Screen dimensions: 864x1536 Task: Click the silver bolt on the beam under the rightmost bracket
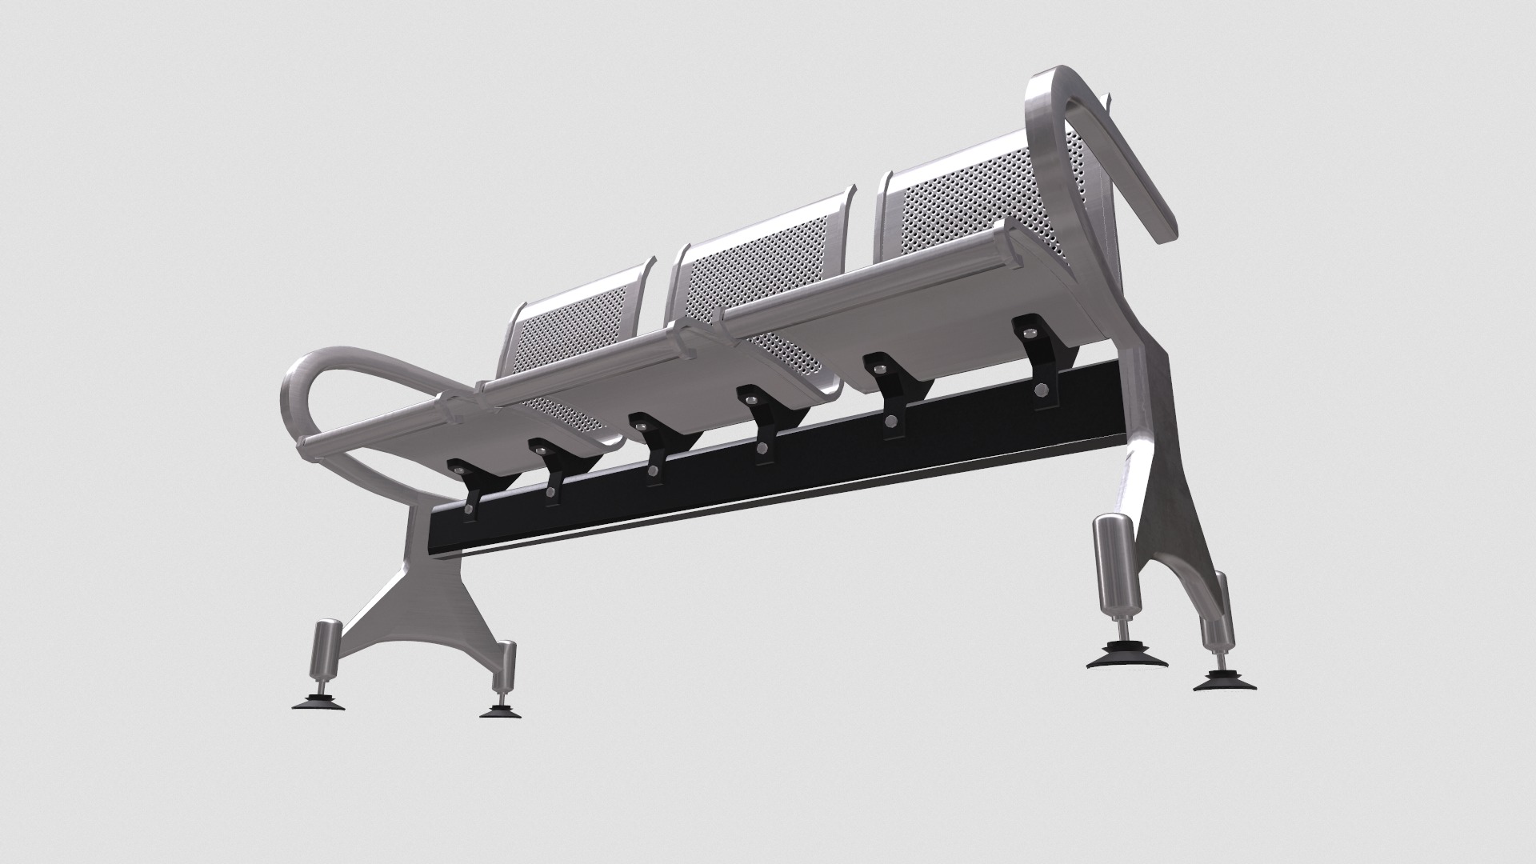(x=1041, y=390)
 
